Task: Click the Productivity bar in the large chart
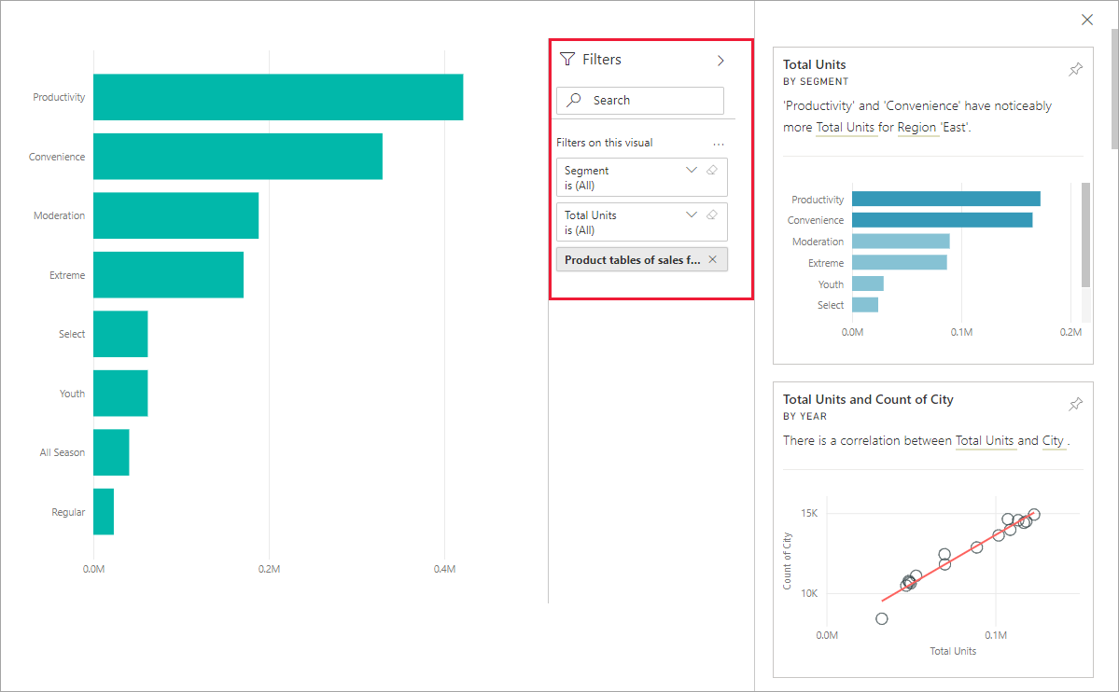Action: click(277, 97)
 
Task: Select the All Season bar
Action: click(111, 452)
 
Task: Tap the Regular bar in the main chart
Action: click(104, 512)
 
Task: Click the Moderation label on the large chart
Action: click(59, 215)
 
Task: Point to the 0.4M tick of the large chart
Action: click(444, 568)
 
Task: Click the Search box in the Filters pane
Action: click(640, 100)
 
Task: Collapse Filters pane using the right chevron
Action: click(720, 61)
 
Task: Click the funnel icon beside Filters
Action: click(567, 60)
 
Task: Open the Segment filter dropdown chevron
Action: click(692, 170)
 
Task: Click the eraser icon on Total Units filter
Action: click(712, 215)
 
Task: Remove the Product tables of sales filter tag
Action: click(713, 259)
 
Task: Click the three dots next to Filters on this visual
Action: click(719, 144)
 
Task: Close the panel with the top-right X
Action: click(1086, 20)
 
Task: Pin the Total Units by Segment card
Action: click(1075, 70)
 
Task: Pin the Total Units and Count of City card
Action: click(1075, 404)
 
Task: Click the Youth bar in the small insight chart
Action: click(867, 284)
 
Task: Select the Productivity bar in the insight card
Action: click(945, 199)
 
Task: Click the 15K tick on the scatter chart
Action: click(808, 514)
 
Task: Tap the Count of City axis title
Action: click(788, 561)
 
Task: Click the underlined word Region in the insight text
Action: click(916, 127)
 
